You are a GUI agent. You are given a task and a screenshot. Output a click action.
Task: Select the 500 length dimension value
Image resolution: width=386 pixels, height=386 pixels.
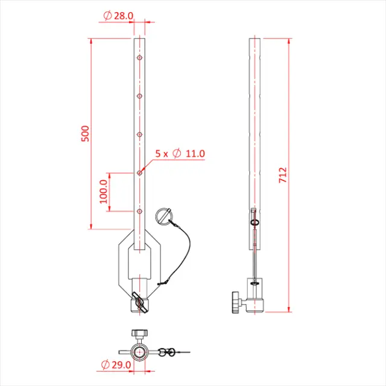point(85,133)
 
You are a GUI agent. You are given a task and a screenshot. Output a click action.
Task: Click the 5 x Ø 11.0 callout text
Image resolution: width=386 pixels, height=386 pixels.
point(180,154)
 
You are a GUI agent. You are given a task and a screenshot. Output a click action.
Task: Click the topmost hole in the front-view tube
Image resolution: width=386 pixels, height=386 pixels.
point(139,58)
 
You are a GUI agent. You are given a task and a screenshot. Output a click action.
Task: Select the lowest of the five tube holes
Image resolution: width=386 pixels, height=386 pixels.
point(139,211)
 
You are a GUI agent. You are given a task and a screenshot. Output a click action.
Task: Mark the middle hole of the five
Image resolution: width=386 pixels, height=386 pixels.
point(139,134)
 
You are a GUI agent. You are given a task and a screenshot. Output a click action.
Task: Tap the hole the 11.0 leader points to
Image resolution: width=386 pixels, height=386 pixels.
point(139,173)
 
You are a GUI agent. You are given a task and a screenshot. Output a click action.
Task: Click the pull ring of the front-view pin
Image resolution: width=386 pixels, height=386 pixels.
point(164,215)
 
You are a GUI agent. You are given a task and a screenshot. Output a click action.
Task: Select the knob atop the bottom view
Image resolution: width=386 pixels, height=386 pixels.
point(140,333)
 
